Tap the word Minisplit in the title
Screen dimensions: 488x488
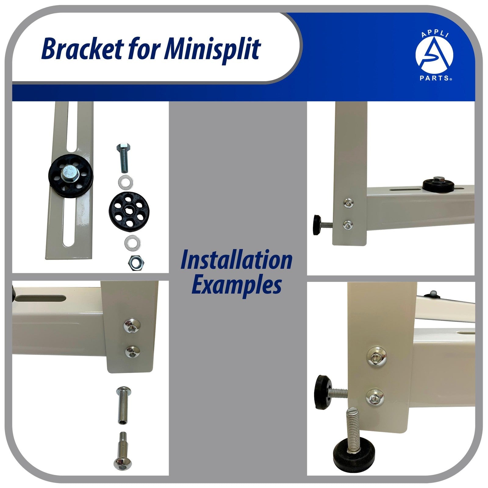coord(213,49)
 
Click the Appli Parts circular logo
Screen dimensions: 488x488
coord(435,56)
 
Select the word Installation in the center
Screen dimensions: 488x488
coord(236,260)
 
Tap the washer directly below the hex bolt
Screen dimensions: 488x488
coord(125,182)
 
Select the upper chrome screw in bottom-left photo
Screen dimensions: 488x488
coord(132,326)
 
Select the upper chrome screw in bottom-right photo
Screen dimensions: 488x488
coord(377,356)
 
